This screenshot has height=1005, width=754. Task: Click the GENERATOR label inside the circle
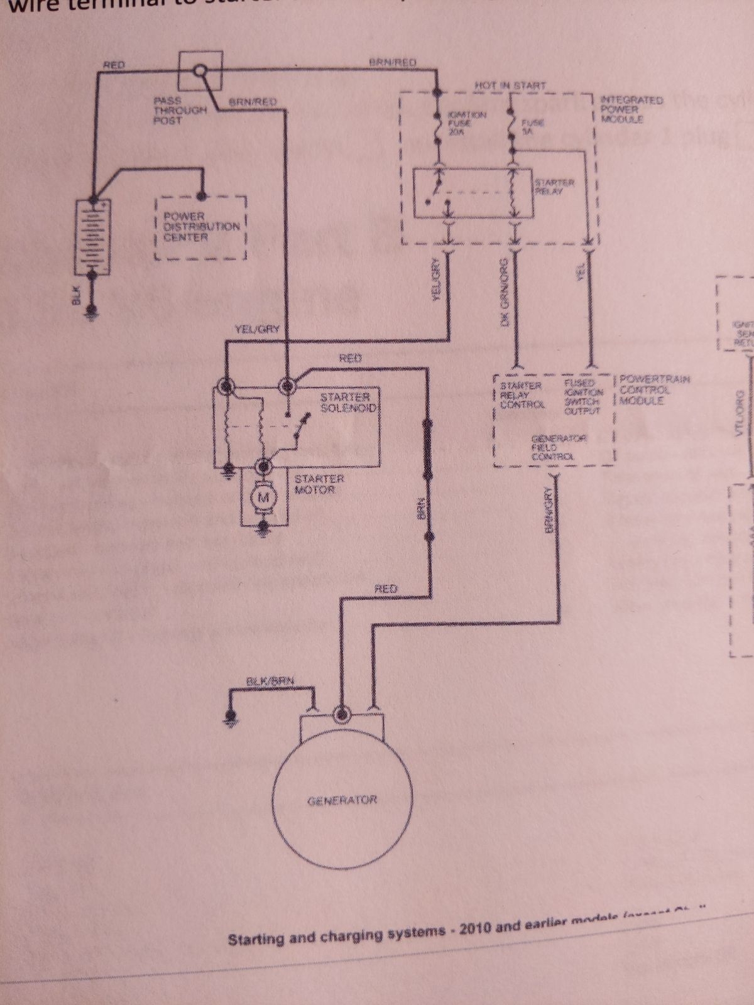(x=342, y=801)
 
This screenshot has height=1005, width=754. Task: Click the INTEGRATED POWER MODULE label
(x=623, y=109)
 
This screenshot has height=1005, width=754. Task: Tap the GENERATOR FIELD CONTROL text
(x=552, y=447)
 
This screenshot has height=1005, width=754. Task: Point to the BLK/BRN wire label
(x=271, y=681)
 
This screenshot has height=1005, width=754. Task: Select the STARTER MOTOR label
(x=319, y=484)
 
